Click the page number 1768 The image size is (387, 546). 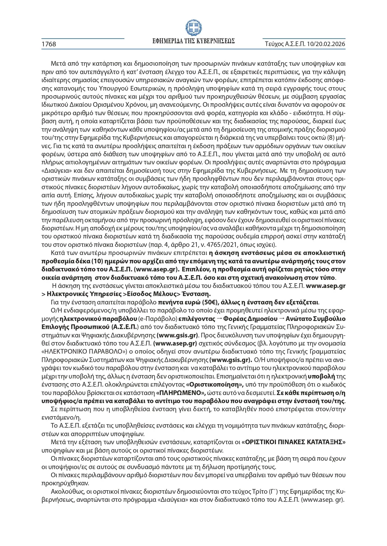coord(49,44)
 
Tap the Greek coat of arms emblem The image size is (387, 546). coord(193,28)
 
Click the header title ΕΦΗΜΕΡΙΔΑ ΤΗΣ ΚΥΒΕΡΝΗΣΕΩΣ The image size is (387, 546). coord(193,41)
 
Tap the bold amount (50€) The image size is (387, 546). coord(211,302)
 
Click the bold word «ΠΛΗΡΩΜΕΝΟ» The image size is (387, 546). coord(181,393)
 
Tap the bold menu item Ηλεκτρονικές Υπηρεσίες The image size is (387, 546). coord(84,294)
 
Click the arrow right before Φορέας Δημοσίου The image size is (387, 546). coord(219,319)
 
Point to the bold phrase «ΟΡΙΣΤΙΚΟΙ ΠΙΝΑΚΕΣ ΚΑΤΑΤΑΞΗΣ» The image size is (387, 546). coord(293,442)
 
